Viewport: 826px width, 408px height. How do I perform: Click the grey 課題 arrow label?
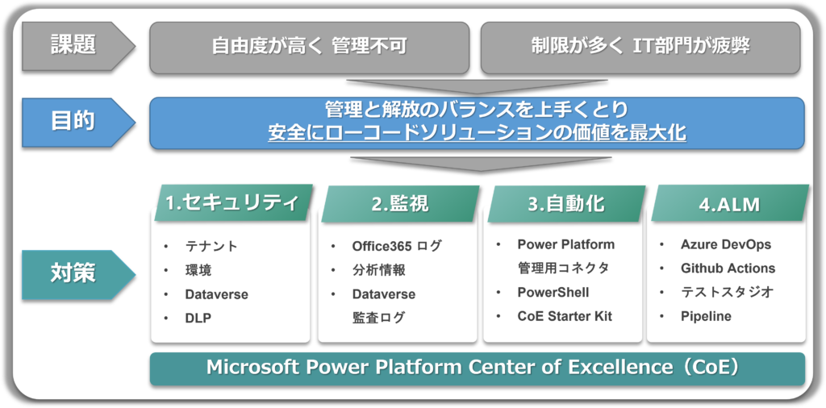click(78, 46)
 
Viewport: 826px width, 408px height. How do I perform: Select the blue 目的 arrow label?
click(78, 122)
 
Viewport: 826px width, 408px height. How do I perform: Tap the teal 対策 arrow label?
click(78, 275)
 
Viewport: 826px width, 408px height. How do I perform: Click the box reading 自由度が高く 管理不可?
click(309, 48)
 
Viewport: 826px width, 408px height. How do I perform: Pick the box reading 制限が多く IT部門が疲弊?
click(640, 48)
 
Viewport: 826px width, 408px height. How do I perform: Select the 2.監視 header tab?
click(400, 204)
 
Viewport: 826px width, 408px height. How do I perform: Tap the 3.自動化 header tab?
click(566, 204)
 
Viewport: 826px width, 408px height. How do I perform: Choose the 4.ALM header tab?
click(730, 202)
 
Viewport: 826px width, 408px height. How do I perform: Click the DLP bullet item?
click(198, 318)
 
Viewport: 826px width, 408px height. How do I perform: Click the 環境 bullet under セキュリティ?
click(198, 271)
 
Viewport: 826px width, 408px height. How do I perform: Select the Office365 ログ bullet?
click(397, 246)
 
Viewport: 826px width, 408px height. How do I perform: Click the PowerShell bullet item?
click(553, 293)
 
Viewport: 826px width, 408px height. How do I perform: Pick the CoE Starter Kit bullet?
click(565, 316)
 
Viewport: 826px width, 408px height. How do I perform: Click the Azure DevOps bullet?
click(726, 244)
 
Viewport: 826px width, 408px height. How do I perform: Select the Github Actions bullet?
click(728, 269)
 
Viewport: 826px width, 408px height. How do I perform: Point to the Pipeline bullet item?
click(706, 316)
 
